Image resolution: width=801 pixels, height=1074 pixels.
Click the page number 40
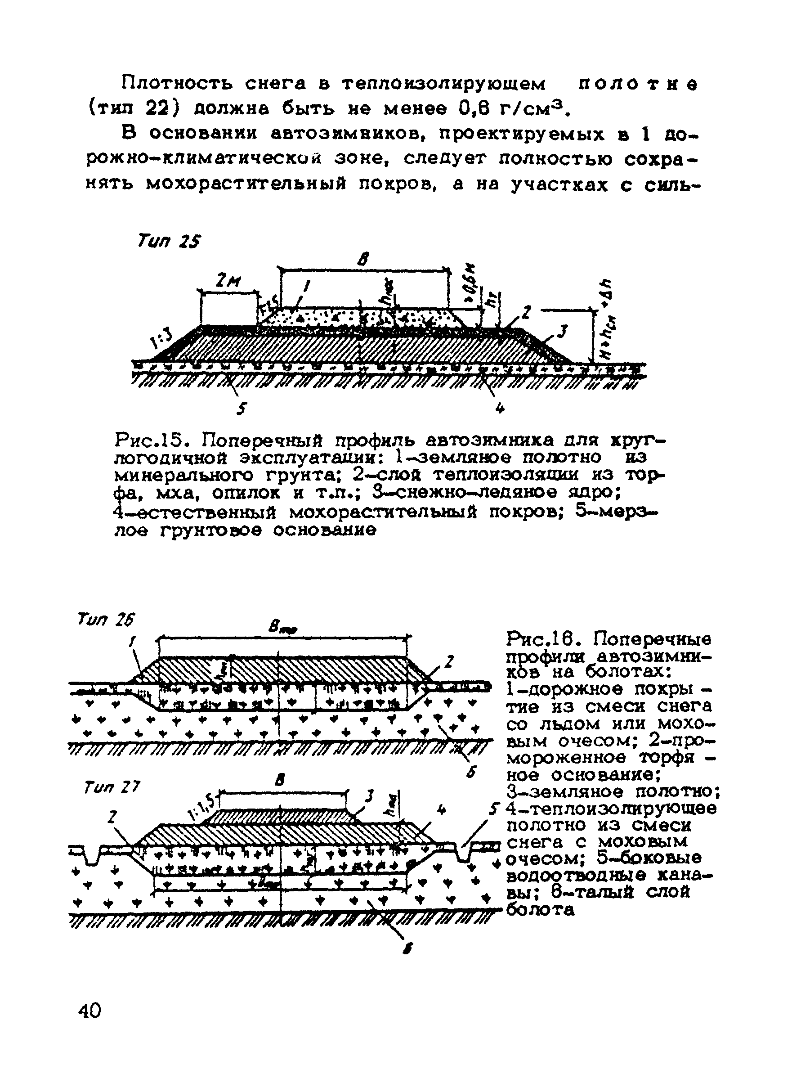coord(89,1011)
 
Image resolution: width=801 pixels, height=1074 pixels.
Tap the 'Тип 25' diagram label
coord(169,241)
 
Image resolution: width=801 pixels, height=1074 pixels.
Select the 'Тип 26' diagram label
coord(106,620)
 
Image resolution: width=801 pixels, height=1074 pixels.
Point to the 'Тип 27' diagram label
coord(112,786)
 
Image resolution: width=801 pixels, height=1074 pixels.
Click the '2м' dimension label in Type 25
coord(228,281)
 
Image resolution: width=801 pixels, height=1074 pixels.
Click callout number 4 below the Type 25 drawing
coord(500,409)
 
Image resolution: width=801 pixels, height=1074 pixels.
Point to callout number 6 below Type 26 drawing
coord(470,772)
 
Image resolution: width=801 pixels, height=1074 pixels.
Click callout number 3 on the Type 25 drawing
coord(561,332)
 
